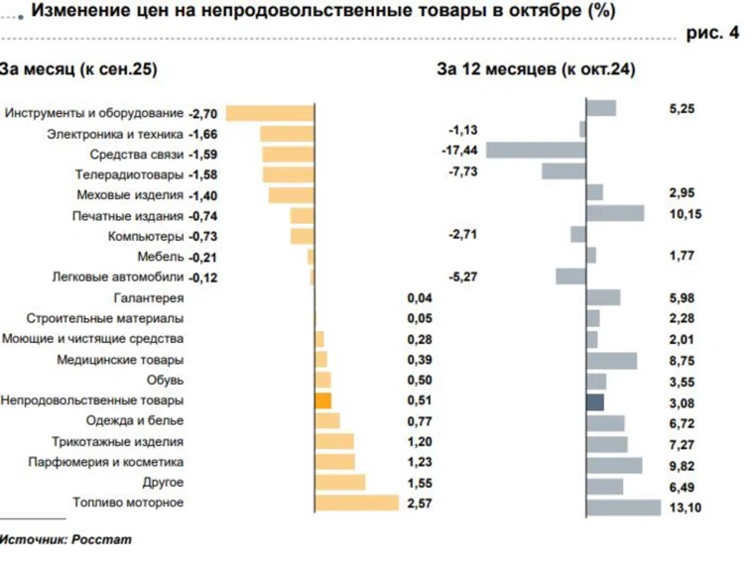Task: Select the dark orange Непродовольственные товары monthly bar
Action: point(322,400)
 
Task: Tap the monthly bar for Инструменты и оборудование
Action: point(271,113)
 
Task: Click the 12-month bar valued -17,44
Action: point(537,150)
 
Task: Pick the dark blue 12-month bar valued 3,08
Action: point(595,401)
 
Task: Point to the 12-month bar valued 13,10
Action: point(624,507)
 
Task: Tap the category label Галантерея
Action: point(149,298)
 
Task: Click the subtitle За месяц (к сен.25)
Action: point(78,69)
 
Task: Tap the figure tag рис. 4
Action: point(712,34)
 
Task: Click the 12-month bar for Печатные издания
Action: point(615,212)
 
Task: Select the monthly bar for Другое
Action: point(339,483)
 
